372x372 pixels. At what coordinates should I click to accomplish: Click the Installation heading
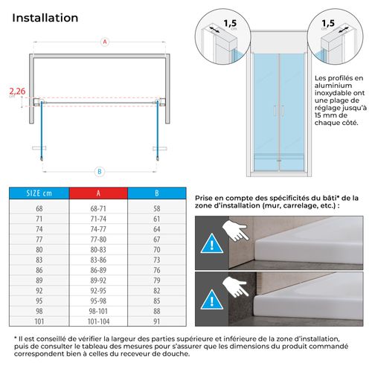coord(45,17)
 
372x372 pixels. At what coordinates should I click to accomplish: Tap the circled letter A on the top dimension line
coord(104,42)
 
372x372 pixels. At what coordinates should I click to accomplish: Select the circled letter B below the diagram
coord(98,170)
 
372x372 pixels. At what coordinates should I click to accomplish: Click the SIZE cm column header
coord(39,195)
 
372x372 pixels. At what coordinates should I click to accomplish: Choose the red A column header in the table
coord(99,195)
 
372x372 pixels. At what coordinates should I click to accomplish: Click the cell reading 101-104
coord(99,321)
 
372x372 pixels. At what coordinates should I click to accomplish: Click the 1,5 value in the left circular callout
coord(232,22)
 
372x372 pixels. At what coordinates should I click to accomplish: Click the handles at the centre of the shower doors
coord(279,110)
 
